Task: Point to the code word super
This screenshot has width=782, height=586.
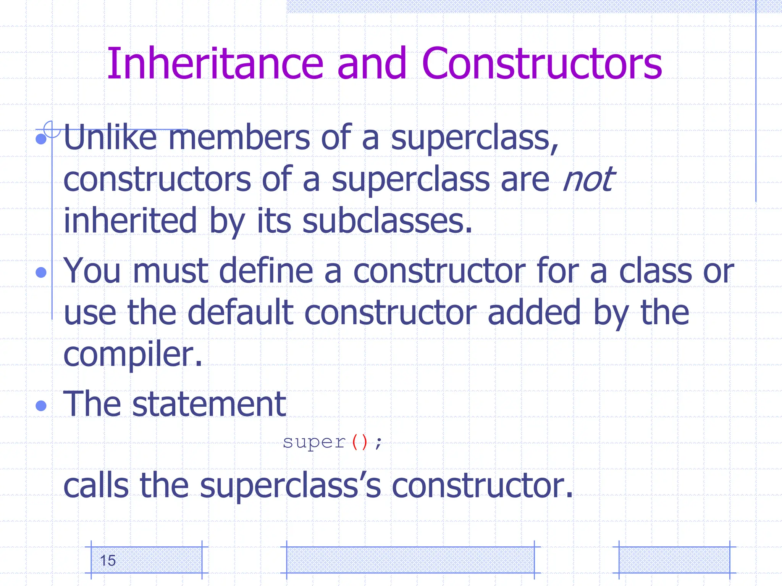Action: tap(314, 443)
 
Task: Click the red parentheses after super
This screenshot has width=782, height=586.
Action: tap(360, 443)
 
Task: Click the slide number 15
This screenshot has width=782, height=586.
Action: tap(108, 560)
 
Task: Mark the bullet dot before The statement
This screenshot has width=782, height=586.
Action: tap(41, 406)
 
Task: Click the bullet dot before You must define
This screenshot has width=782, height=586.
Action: tap(41, 272)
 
